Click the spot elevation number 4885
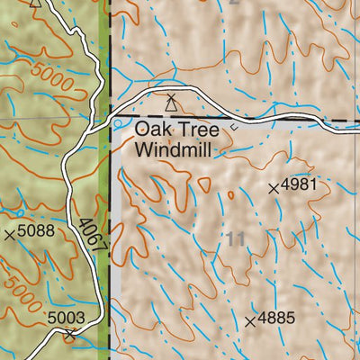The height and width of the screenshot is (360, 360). (x=276, y=319)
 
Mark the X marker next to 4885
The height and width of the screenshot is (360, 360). (x=250, y=320)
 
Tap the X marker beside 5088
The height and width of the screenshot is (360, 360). (x=10, y=235)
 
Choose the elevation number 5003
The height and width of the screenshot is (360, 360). (x=66, y=317)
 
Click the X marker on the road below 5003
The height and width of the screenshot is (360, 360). (x=71, y=335)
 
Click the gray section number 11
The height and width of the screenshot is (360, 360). (x=236, y=238)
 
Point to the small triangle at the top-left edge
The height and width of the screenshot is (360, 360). (x=35, y=3)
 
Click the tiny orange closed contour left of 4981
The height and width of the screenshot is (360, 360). (x=230, y=194)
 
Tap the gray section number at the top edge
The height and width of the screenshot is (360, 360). (x=236, y=3)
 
